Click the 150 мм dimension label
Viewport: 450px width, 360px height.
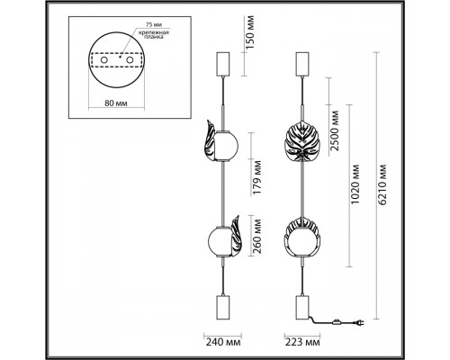(250, 32)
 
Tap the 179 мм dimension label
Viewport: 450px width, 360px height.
(256, 177)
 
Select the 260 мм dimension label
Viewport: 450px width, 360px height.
(256, 237)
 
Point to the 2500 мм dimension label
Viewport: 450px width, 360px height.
(335, 130)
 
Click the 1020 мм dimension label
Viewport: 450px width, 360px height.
(355, 184)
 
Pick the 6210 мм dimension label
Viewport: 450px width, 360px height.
(382, 184)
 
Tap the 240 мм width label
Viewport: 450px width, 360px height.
(223, 342)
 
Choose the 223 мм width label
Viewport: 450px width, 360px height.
(302, 342)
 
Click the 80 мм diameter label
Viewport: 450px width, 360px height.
(116, 103)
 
